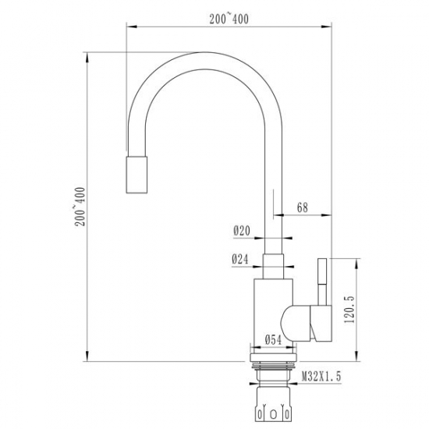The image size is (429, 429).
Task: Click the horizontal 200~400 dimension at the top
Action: click(229, 19)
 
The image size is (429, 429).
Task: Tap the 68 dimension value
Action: click(303, 207)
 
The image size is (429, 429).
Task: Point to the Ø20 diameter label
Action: click(241, 230)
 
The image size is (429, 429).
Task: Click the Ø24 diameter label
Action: click(241, 260)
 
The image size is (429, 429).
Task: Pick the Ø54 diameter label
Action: click(273, 339)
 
